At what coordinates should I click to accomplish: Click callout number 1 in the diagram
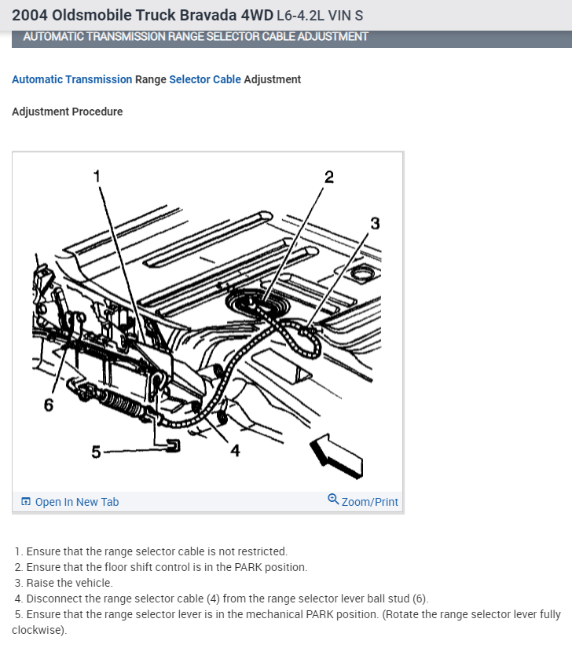(97, 175)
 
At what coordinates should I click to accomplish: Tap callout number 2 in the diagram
(328, 177)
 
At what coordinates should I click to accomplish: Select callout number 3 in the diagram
(375, 223)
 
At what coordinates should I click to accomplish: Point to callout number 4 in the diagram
(235, 450)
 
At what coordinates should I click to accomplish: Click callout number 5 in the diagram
(96, 452)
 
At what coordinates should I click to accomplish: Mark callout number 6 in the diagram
(49, 405)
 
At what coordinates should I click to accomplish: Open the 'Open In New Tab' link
(77, 502)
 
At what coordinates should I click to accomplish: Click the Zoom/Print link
(369, 502)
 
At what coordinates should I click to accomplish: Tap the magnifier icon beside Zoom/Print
(333, 500)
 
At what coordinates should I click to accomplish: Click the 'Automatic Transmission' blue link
(71, 79)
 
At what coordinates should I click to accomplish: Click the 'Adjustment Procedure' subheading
(68, 112)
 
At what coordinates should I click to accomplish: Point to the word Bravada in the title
(174, 16)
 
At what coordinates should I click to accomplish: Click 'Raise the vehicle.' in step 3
(69, 583)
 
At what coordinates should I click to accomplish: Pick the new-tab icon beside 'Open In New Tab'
(26, 502)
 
